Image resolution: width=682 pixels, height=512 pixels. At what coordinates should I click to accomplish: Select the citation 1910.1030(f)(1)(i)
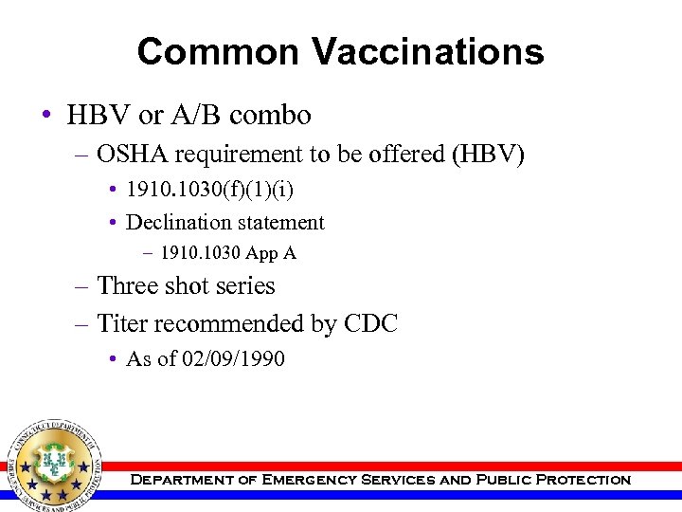(209, 192)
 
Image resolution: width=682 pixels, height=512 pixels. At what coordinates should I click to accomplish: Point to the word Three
(130, 286)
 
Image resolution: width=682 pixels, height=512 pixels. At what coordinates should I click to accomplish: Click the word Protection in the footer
(583, 480)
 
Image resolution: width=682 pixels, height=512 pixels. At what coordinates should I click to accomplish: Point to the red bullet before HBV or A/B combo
(45, 117)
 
